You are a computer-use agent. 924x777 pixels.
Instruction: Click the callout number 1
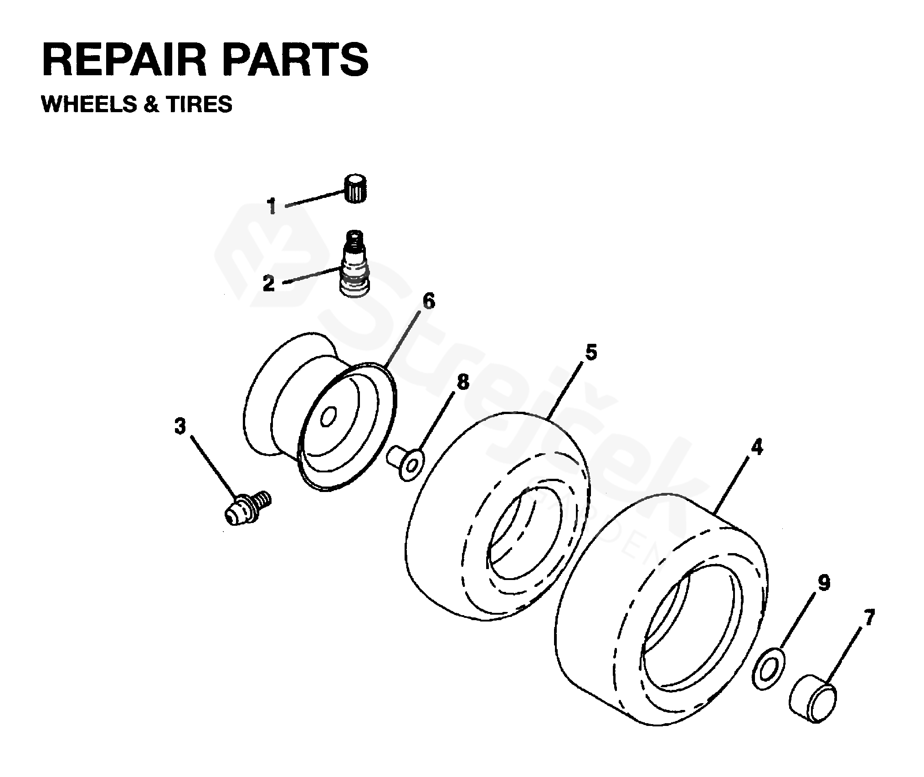click(x=272, y=206)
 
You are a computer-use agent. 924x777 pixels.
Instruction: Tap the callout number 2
click(x=269, y=284)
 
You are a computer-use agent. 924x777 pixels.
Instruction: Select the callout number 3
click(x=180, y=427)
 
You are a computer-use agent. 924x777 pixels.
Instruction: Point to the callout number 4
click(x=756, y=447)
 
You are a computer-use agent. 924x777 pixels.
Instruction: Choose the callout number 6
click(x=429, y=301)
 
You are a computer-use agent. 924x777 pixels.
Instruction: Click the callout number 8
click(x=462, y=382)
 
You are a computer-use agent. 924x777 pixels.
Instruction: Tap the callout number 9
click(x=824, y=583)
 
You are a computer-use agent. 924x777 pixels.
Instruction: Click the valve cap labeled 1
click(x=355, y=188)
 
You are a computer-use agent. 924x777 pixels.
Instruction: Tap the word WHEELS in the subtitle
click(x=89, y=104)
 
